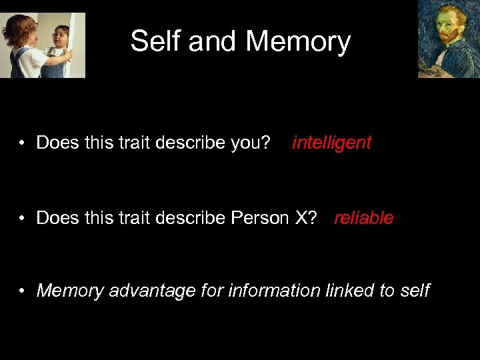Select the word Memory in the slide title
coord(298,41)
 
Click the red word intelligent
coord(331,143)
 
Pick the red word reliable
coord(363,218)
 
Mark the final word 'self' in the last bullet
coord(415,291)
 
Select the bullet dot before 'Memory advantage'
coord(23,291)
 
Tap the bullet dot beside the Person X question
coord(23,219)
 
